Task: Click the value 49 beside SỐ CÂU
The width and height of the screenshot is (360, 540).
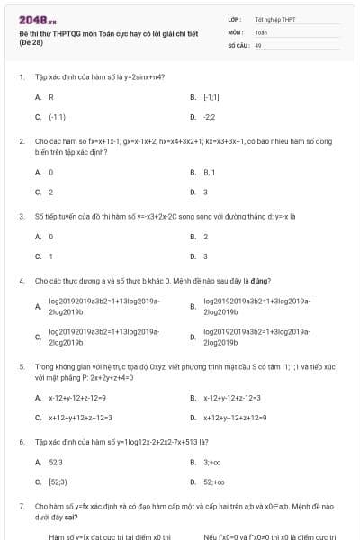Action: [x=258, y=44]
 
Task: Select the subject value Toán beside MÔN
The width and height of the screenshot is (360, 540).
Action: [x=261, y=31]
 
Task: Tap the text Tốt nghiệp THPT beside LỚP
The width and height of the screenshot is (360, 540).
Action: [x=269, y=19]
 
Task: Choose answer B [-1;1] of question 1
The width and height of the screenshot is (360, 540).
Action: [x=208, y=96]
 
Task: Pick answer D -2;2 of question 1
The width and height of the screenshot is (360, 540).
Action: [x=210, y=117]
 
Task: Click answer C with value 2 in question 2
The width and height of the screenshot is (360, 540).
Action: [x=50, y=192]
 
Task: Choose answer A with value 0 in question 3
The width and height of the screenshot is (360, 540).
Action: [x=50, y=236]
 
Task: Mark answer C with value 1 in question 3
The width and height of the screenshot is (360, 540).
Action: [x=50, y=256]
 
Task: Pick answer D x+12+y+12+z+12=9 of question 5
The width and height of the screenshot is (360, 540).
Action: [x=235, y=418]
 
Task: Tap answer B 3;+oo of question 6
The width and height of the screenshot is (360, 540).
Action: [x=212, y=462]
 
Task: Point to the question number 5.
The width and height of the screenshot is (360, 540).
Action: [x=22, y=367]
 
